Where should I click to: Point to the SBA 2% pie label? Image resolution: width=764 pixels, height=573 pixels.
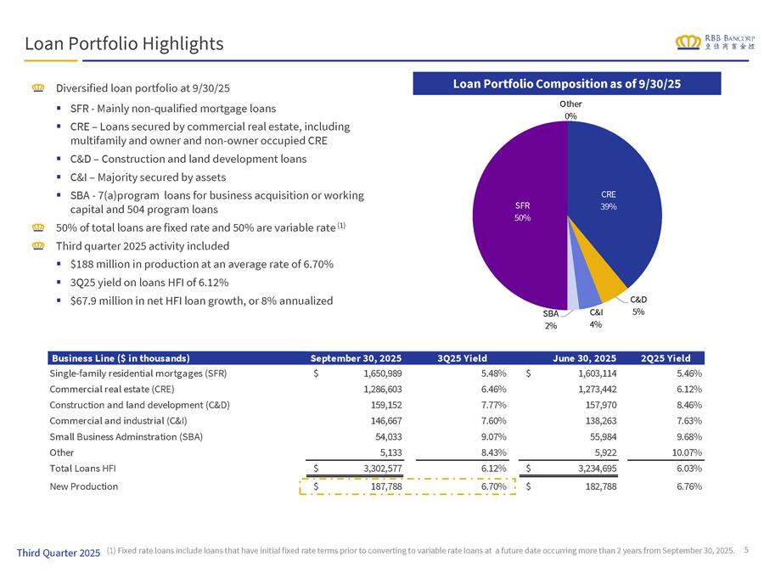click(552, 319)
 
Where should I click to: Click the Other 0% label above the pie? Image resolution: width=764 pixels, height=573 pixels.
click(570, 110)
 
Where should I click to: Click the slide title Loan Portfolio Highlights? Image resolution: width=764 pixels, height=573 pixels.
click(124, 43)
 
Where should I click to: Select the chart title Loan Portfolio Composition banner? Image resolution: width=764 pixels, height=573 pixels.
click(567, 83)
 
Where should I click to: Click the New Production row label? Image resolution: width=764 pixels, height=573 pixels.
click(84, 486)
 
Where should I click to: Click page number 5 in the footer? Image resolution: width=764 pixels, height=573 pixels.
click(745, 549)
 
